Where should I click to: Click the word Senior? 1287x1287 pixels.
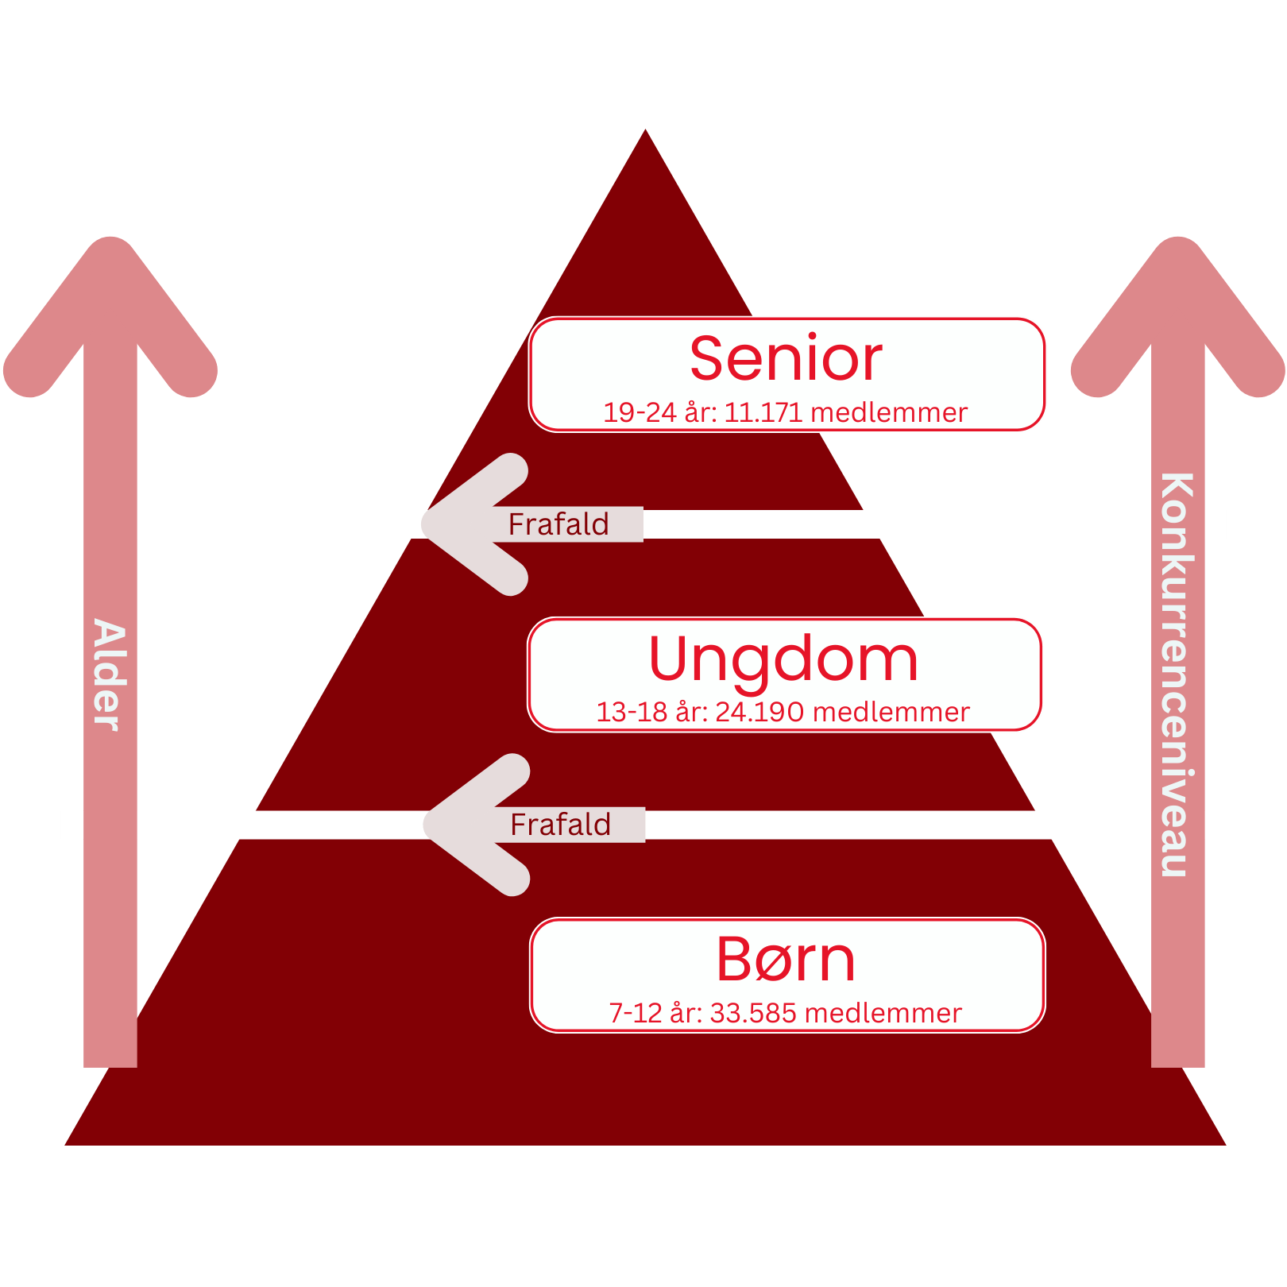pyautogui.click(x=786, y=359)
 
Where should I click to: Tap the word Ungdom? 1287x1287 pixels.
pyautogui.click(x=783, y=659)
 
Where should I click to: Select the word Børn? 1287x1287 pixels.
pyautogui.click(x=786, y=960)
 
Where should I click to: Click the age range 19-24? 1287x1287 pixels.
pyautogui.click(x=640, y=413)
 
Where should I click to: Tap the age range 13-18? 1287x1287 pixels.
pyautogui.click(x=632, y=713)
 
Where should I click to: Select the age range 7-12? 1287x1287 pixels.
pyautogui.click(x=635, y=1014)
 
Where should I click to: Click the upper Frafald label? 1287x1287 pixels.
pyautogui.click(x=558, y=524)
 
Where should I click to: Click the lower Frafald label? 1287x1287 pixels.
pyautogui.click(x=561, y=825)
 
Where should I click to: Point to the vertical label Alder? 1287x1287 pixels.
pyautogui.click(x=110, y=675)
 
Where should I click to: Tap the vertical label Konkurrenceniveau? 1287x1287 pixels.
pyautogui.click(x=1177, y=675)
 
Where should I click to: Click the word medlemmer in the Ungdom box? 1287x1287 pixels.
pyautogui.click(x=891, y=713)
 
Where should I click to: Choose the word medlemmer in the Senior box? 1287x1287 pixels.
pyautogui.click(x=889, y=413)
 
